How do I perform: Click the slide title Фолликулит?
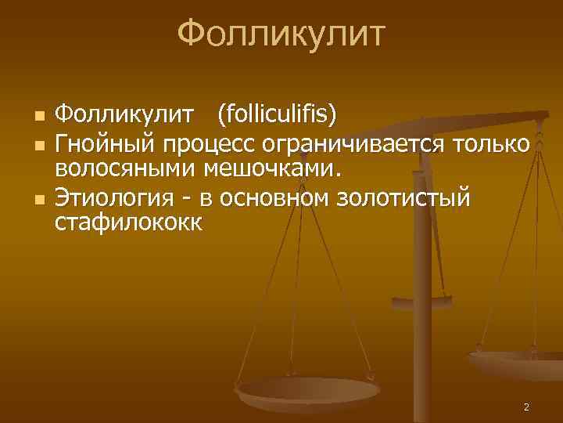(281, 35)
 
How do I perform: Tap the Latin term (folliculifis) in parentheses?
(278, 117)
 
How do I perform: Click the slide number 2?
(526, 407)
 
